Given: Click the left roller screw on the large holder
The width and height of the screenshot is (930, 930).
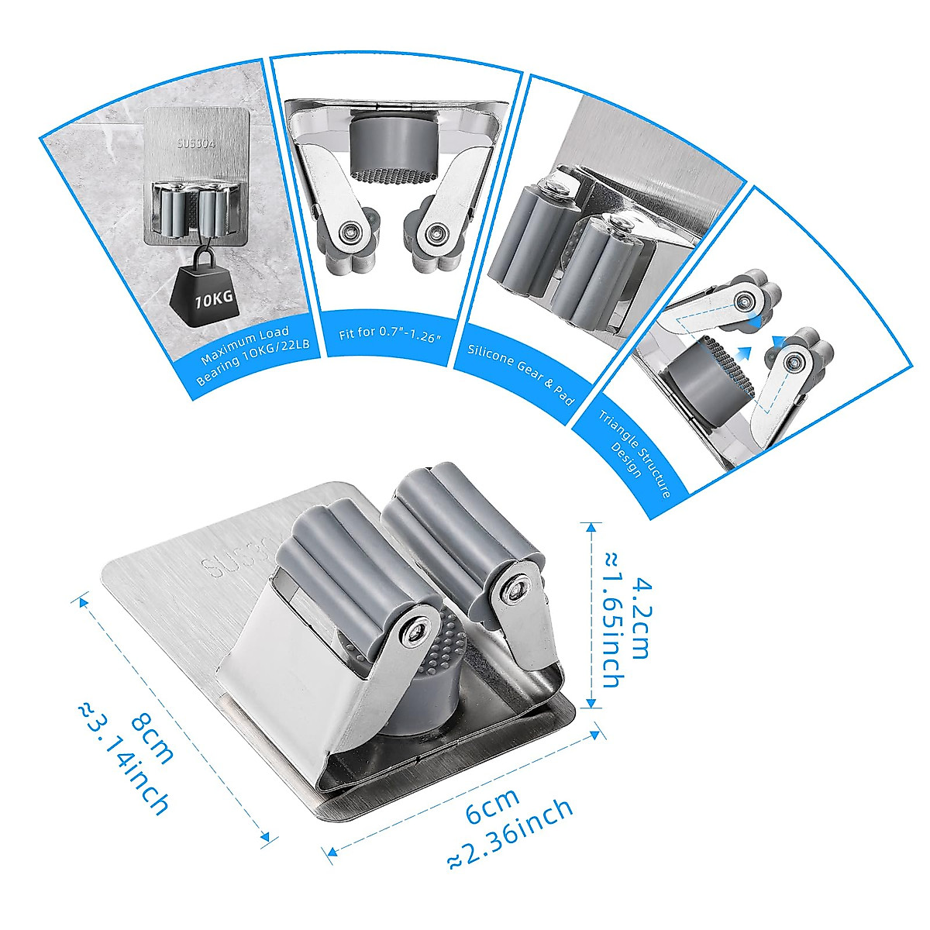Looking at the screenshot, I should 417,632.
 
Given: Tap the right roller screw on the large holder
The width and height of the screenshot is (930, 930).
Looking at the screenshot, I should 515,591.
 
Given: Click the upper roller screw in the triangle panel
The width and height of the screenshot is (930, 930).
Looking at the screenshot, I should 746,301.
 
